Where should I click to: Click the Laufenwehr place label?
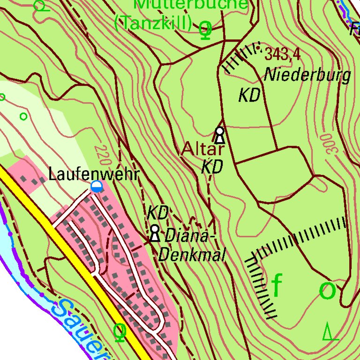coord(94,175)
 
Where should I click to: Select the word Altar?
coord(202,149)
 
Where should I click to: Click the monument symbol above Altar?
coord(219,135)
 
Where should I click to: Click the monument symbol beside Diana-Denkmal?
coord(155,233)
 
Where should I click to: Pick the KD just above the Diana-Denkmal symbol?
coord(157,213)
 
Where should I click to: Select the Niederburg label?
coord(307,75)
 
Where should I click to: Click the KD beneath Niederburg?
coord(249,96)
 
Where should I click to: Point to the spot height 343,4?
coord(282,54)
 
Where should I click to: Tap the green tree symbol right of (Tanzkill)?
coord(205,30)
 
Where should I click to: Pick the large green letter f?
coord(277,285)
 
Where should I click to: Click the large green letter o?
coord(327,291)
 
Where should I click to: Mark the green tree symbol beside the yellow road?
coord(120,332)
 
